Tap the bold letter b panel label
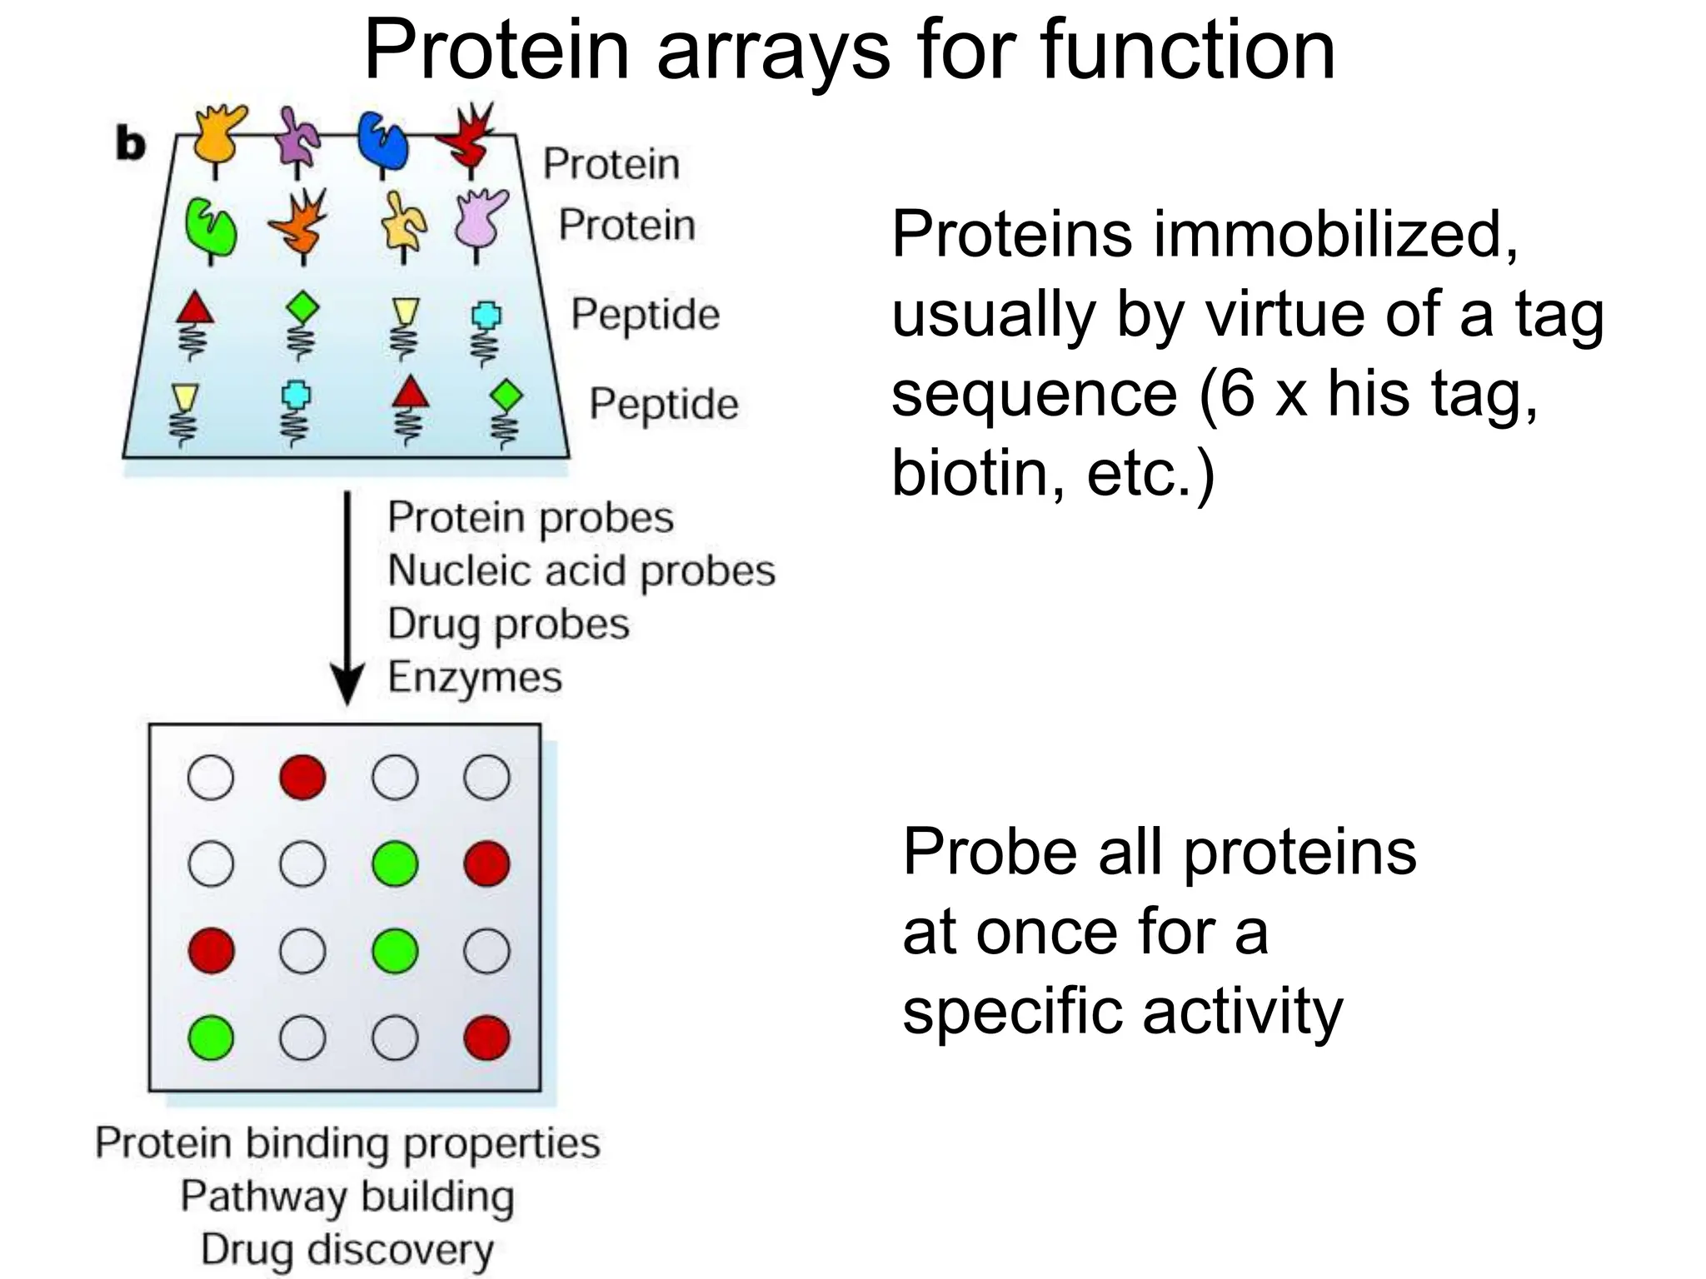131,145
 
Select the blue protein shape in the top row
382,141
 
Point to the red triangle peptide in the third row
195,308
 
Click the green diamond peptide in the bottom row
506,396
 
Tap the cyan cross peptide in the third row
486,316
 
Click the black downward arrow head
347,685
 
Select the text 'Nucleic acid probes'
581,571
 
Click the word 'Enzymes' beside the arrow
475,677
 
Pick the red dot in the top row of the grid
302,778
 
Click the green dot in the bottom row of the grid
211,1038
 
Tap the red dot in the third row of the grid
211,951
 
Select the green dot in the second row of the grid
395,863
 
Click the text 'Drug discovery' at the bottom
347,1250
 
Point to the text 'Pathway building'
347,1197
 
